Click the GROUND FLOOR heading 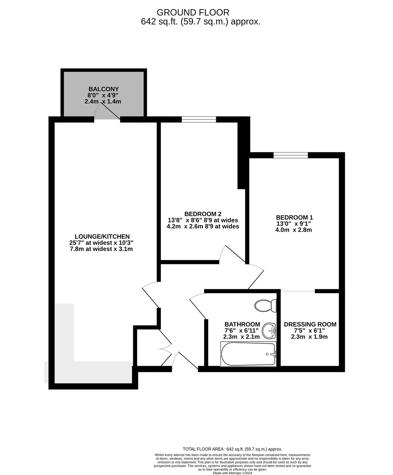point(193,12)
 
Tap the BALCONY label point(104,89)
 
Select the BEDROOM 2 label point(203,214)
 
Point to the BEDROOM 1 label point(294,217)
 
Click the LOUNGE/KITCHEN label point(102,237)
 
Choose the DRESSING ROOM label point(310,325)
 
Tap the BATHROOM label point(242,325)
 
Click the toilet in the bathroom point(265,306)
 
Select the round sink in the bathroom point(269,330)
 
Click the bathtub point(248,354)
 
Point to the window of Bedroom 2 point(198,120)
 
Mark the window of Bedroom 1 point(291,155)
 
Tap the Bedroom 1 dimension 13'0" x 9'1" point(294,223)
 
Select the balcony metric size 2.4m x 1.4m point(103,101)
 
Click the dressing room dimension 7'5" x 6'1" point(309,331)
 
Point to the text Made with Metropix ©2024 point(232,473)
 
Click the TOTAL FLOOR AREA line point(232,449)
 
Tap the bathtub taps point(272,354)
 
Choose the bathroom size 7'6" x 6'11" point(242,331)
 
